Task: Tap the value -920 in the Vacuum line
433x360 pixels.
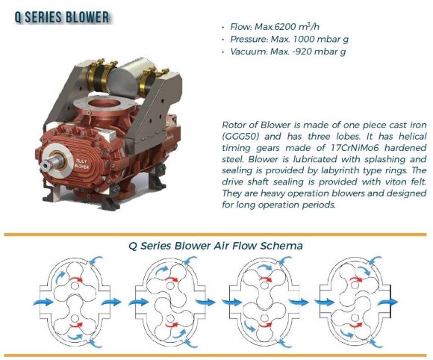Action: click(297, 52)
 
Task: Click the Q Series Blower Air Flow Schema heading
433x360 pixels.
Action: click(216, 246)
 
